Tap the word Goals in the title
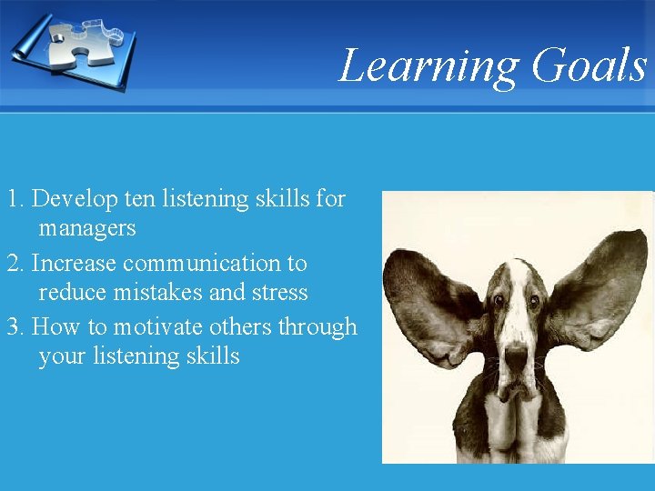pyautogui.click(x=589, y=65)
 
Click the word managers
pyautogui.click(x=87, y=227)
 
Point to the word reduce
pyautogui.click(x=71, y=293)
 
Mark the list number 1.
pyautogui.click(x=13, y=198)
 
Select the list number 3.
pyautogui.click(x=13, y=327)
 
